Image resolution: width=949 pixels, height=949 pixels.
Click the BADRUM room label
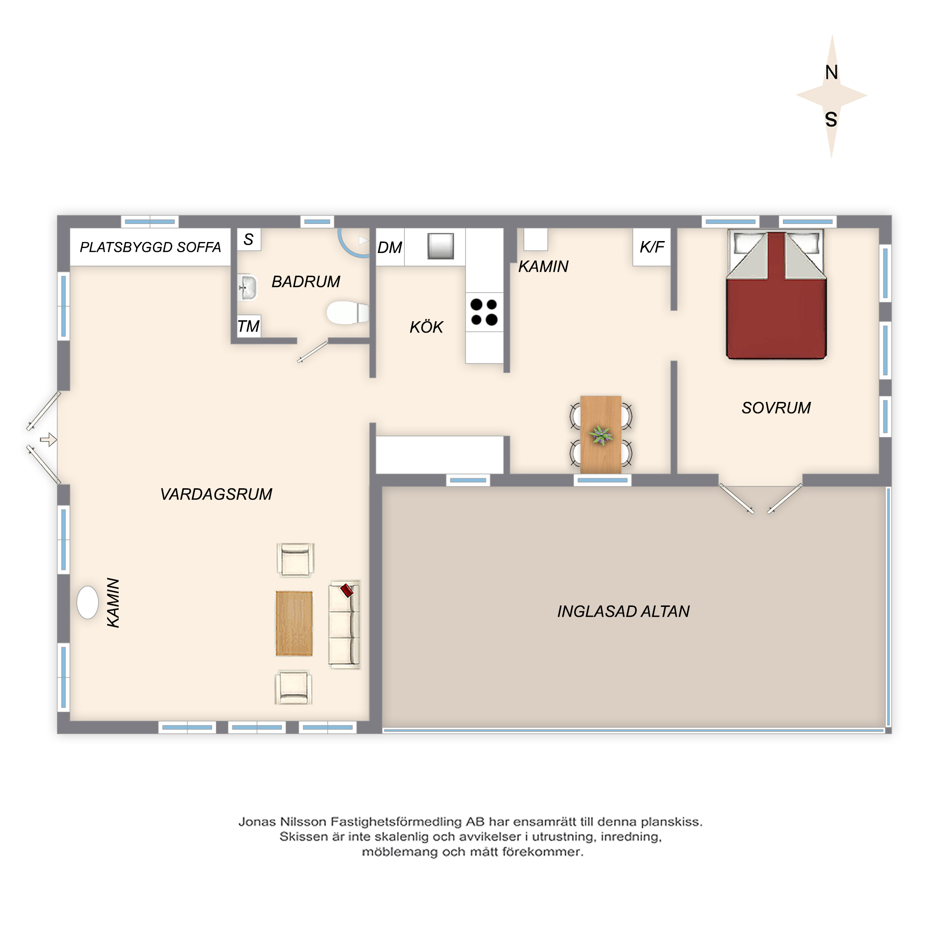click(306, 281)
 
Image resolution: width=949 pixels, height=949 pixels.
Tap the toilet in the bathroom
click(348, 312)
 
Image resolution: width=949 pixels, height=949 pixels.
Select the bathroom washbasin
click(248, 288)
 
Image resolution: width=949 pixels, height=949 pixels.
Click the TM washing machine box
click(249, 326)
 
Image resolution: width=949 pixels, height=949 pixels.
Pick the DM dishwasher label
click(390, 248)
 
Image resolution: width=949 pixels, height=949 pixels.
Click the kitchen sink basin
click(440, 246)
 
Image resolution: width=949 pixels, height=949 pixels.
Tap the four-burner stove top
click(484, 312)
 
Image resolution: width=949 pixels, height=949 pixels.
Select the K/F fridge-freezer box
click(652, 247)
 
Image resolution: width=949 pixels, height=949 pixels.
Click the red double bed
click(776, 295)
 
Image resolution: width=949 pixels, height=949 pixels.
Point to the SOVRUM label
click(776, 408)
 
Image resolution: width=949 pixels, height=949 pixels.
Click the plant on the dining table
click(601, 435)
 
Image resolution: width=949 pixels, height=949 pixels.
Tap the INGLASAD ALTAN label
click(623, 611)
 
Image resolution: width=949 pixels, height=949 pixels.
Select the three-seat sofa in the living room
click(344, 624)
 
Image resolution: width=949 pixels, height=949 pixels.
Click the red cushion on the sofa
click(347, 590)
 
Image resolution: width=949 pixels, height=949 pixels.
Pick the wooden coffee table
click(294, 623)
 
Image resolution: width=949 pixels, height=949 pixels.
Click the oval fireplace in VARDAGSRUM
click(87, 602)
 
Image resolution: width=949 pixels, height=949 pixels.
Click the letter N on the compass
click(831, 73)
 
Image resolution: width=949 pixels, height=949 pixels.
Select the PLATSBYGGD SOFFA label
click(150, 247)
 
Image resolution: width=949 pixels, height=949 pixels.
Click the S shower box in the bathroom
click(249, 239)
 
